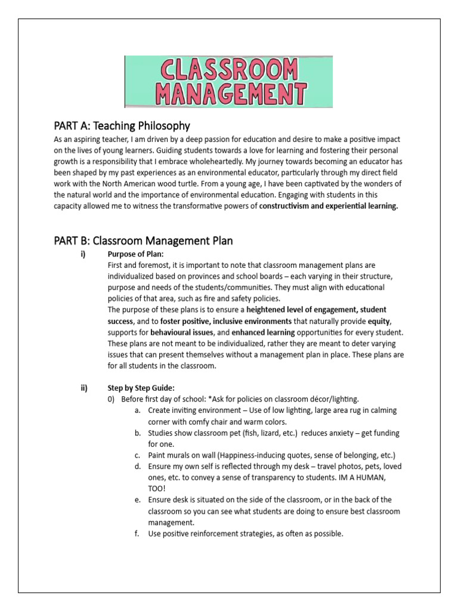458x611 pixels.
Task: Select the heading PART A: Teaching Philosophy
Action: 122,125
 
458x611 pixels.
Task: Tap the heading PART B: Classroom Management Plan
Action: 143,240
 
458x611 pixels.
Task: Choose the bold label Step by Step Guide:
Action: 141,388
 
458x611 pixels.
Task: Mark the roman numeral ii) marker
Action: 84,388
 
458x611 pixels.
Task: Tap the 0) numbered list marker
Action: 112,399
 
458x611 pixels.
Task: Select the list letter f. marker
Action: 137,533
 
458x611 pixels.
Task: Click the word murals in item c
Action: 180,455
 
